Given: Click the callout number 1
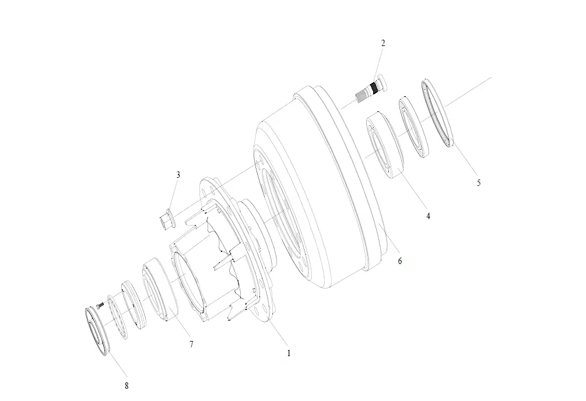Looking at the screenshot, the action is click(289, 353).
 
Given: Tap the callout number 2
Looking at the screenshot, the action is click(383, 43).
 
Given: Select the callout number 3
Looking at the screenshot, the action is click(178, 175).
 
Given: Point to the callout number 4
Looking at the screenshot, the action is click(429, 216).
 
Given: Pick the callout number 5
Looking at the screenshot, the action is click(479, 183).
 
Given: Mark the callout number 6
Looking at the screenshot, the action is click(400, 261).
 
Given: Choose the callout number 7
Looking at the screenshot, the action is click(191, 344).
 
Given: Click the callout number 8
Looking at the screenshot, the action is click(127, 386).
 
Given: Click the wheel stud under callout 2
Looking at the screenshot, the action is click(371, 89).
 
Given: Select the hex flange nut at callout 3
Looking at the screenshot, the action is click(166, 220).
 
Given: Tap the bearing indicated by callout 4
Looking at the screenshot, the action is click(385, 145).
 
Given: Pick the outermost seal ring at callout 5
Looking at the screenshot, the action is click(437, 113).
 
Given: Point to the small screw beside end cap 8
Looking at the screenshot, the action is click(99, 305).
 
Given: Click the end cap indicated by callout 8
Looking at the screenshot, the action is click(97, 331).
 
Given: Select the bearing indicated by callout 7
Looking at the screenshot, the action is click(160, 289).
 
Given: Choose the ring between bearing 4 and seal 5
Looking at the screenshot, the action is click(414, 128).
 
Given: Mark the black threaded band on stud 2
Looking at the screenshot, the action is click(374, 88).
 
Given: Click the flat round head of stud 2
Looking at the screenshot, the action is click(383, 82).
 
